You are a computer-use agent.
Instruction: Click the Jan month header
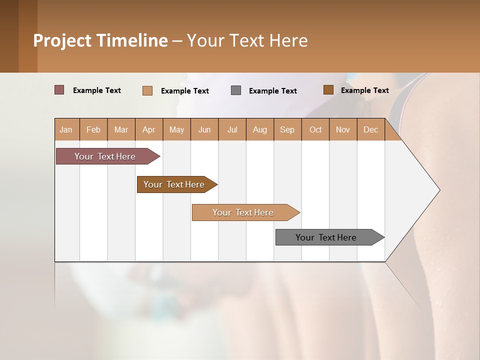point(66,129)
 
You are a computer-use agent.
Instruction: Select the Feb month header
point(93,129)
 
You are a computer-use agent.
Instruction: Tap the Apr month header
point(149,129)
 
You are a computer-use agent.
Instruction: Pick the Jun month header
point(204,129)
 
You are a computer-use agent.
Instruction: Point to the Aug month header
point(260,129)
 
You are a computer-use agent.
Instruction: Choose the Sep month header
point(287,129)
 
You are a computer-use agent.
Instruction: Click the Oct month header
point(315,129)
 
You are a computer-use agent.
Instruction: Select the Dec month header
point(371,129)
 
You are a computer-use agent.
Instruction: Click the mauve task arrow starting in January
point(105,156)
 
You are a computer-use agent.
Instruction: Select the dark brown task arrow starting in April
point(174,184)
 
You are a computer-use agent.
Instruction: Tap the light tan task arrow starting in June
point(243,212)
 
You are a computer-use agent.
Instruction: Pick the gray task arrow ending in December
point(326,237)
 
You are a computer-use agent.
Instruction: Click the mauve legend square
point(59,90)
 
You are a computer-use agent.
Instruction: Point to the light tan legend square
point(147,90)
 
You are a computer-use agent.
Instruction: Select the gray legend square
point(236,90)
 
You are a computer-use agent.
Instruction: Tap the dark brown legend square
point(328,90)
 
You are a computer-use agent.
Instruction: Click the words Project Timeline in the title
point(100,40)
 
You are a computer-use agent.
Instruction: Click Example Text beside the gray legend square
point(273,90)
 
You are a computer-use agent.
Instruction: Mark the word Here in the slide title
point(288,40)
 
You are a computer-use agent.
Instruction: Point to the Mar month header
point(121,129)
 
